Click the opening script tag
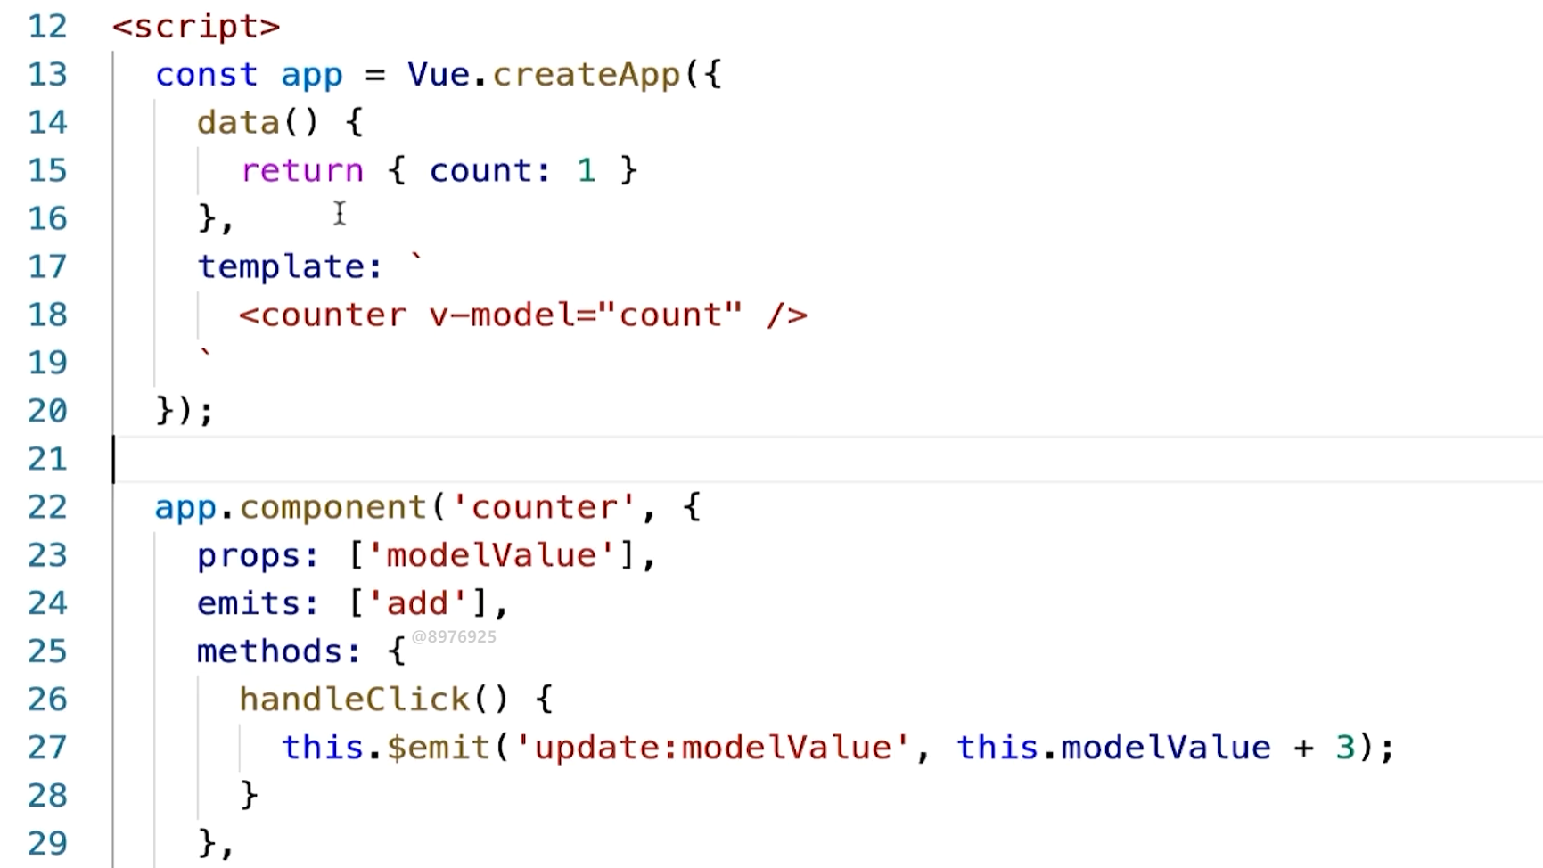click(x=196, y=26)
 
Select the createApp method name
click(x=586, y=74)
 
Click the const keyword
click(x=206, y=74)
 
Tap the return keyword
click(x=302, y=170)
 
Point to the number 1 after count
click(x=586, y=170)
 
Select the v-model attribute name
click(x=504, y=315)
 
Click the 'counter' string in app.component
click(x=544, y=507)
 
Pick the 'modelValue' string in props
click(x=491, y=555)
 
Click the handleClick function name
click(x=354, y=700)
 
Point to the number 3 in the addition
click(x=1345, y=747)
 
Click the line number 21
click(x=47, y=459)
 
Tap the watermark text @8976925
click(x=454, y=636)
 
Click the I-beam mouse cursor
click(x=340, y=213)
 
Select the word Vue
click(x=439, y=74)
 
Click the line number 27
click(x=47, y=747)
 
